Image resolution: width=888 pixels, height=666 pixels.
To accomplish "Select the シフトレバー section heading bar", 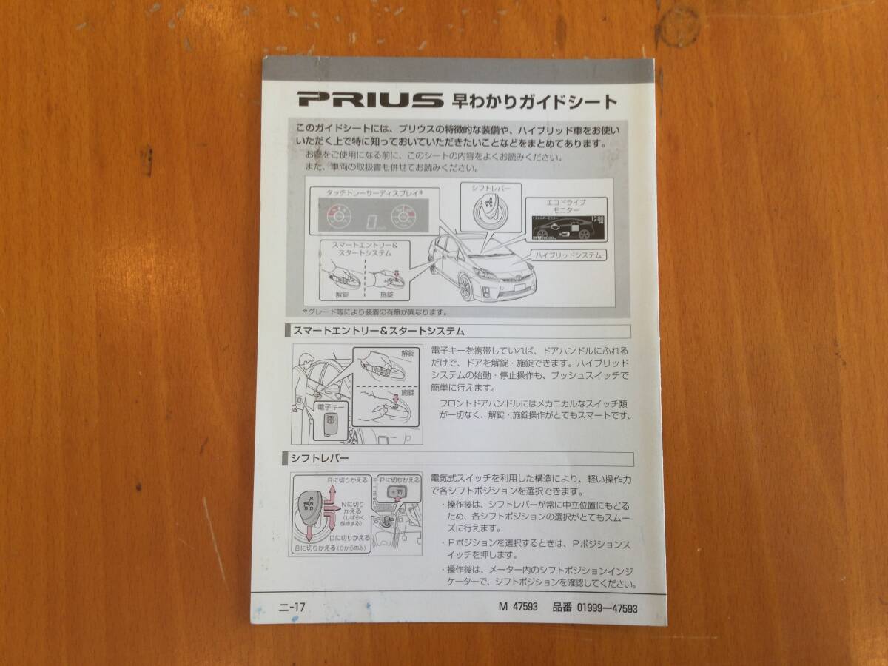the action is coord(459,459).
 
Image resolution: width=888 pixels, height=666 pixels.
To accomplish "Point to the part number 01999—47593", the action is coord(594,608).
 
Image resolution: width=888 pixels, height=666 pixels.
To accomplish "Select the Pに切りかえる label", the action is coord(400,480).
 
